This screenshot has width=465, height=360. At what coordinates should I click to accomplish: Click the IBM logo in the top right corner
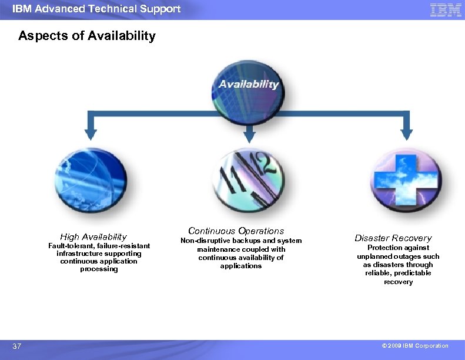445,10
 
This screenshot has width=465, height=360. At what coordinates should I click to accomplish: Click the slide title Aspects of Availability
87,36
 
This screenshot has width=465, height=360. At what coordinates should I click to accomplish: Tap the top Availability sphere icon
248,95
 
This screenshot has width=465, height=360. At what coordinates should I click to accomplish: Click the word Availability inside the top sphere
249,84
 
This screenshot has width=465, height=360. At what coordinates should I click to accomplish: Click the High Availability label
93,237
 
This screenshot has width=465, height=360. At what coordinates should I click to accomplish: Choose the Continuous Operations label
236,231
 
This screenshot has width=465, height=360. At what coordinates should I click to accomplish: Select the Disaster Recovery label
393,238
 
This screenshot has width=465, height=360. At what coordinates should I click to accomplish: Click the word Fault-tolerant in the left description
67,246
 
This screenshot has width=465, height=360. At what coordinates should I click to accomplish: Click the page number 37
17,346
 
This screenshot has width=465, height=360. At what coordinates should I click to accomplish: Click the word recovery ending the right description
398,282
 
